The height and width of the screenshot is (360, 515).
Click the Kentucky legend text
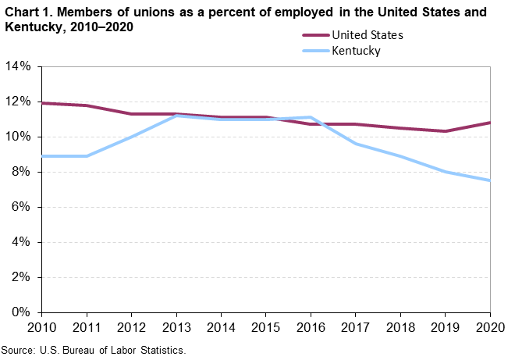coord(356,52)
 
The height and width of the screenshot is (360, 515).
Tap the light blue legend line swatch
coord(314,52)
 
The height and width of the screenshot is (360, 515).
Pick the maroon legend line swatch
coord(314,34)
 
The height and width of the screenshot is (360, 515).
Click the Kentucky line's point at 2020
coord(489,180)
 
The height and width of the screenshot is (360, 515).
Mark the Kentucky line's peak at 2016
coord(312,117)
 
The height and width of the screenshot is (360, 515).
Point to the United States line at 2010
coord(43,103)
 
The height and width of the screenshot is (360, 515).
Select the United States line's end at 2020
coord(489,123)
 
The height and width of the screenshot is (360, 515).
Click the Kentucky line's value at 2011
coord(87,156)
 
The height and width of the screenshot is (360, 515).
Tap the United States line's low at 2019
coord(445,131)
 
